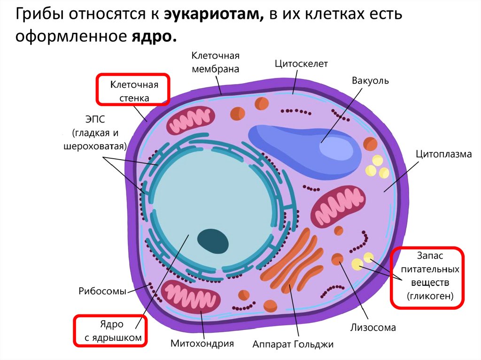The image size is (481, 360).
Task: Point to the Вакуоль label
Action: click(370, 80)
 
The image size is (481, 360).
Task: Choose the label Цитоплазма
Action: click(443, 153)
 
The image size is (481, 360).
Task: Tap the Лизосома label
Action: click(373, 327)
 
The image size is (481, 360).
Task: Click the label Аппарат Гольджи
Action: click(293, 344)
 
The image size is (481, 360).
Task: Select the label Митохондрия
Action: click(202, 343)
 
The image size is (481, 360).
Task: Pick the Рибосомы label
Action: click(102, 291)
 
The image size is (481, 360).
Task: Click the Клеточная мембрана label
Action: click(215, 62)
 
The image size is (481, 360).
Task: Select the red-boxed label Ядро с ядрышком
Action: click(110, 331)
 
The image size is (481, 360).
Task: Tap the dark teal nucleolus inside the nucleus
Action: click(213, 241)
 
